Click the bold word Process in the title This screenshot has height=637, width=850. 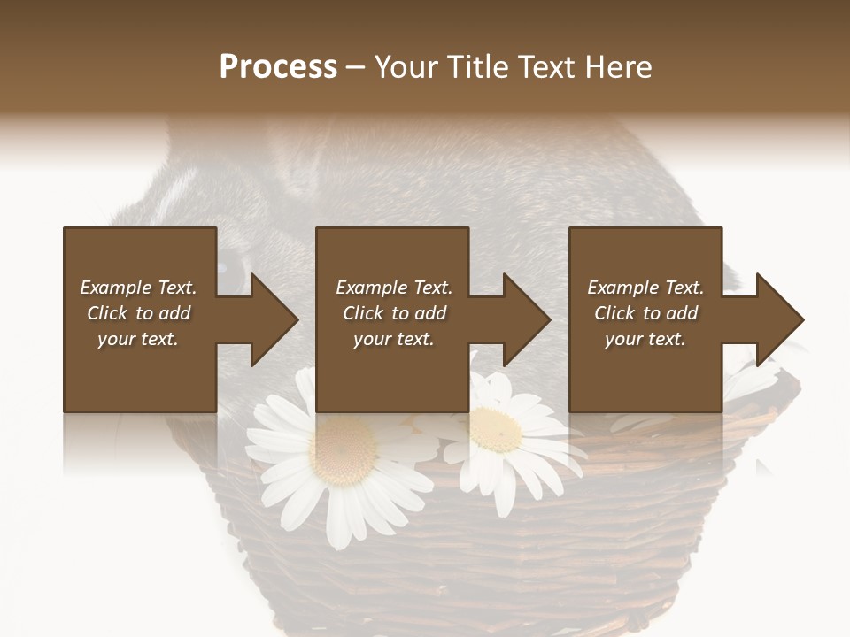pyautogui.click(x=278, y=67)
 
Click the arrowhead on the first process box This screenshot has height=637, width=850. pyautogui.click(x=273, y=319)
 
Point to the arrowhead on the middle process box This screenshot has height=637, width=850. pyautogui.click(x=525, y=319)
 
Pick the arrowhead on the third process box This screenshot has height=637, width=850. pyautogui.click(x=778, y=319)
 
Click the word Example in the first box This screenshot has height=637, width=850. pyautogui.click(x=114, y=288)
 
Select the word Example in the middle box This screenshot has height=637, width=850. pyautogui.click(x=370, y=288)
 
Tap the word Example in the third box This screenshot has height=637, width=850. pyautogui.click(x=622, y=288)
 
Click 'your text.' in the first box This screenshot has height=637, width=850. pyautogui.click(x=137, y=339)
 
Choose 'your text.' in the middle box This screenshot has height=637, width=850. pyautogui.click(x=393, y=339)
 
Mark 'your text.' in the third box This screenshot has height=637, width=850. pyautogui.click(x=645, y=339)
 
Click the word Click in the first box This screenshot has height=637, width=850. pyautogui.click(x=108, y=313)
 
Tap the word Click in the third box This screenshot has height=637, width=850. pyautogui.click(x=615, y=313)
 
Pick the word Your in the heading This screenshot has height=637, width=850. pyautogui.click(x=405, y=67)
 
